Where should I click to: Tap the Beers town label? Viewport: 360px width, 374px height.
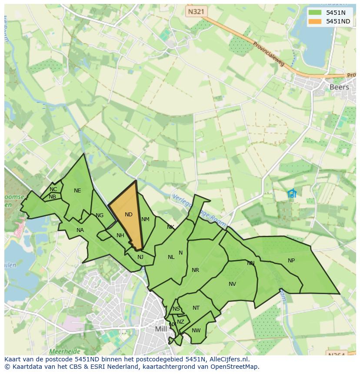click(339, 87)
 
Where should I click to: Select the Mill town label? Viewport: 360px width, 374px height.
click(161, 329)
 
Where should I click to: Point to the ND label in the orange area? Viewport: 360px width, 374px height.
click(128, 215)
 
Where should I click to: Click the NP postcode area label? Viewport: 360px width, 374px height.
click(291, 261)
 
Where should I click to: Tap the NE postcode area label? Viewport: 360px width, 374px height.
click(77, 191)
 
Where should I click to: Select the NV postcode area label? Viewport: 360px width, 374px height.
click(232, 284)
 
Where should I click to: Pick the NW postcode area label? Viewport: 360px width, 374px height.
click(196, 331)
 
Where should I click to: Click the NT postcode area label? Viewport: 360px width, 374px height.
click(196, 308)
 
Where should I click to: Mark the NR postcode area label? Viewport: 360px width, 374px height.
click(195, 270)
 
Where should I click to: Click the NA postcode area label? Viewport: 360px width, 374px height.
click(80, 230)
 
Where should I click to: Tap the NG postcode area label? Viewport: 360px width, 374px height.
click(100, 215)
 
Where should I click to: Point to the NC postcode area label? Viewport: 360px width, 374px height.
click(53, 189)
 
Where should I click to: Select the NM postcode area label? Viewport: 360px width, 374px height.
click(145, 219)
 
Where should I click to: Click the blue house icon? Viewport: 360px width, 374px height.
click(292, 193)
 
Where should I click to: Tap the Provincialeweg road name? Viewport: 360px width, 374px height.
click(269, 53)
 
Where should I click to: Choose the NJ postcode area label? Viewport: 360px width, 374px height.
click(140, 257)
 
